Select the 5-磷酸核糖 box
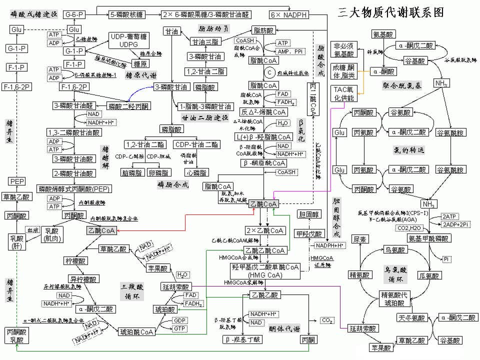tap(127, 14)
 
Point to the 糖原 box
tap(140, 63)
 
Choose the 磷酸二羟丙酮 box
tap(128, 106)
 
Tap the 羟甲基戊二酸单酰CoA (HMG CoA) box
tap(265, 270)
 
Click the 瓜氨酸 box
tap(429, 275)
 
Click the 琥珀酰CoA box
tap(136, 331)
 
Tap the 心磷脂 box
tap(196, 173)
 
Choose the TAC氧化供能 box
tap(343, 93)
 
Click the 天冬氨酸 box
tap(411, 317)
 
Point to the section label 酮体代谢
tap(284, 328)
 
